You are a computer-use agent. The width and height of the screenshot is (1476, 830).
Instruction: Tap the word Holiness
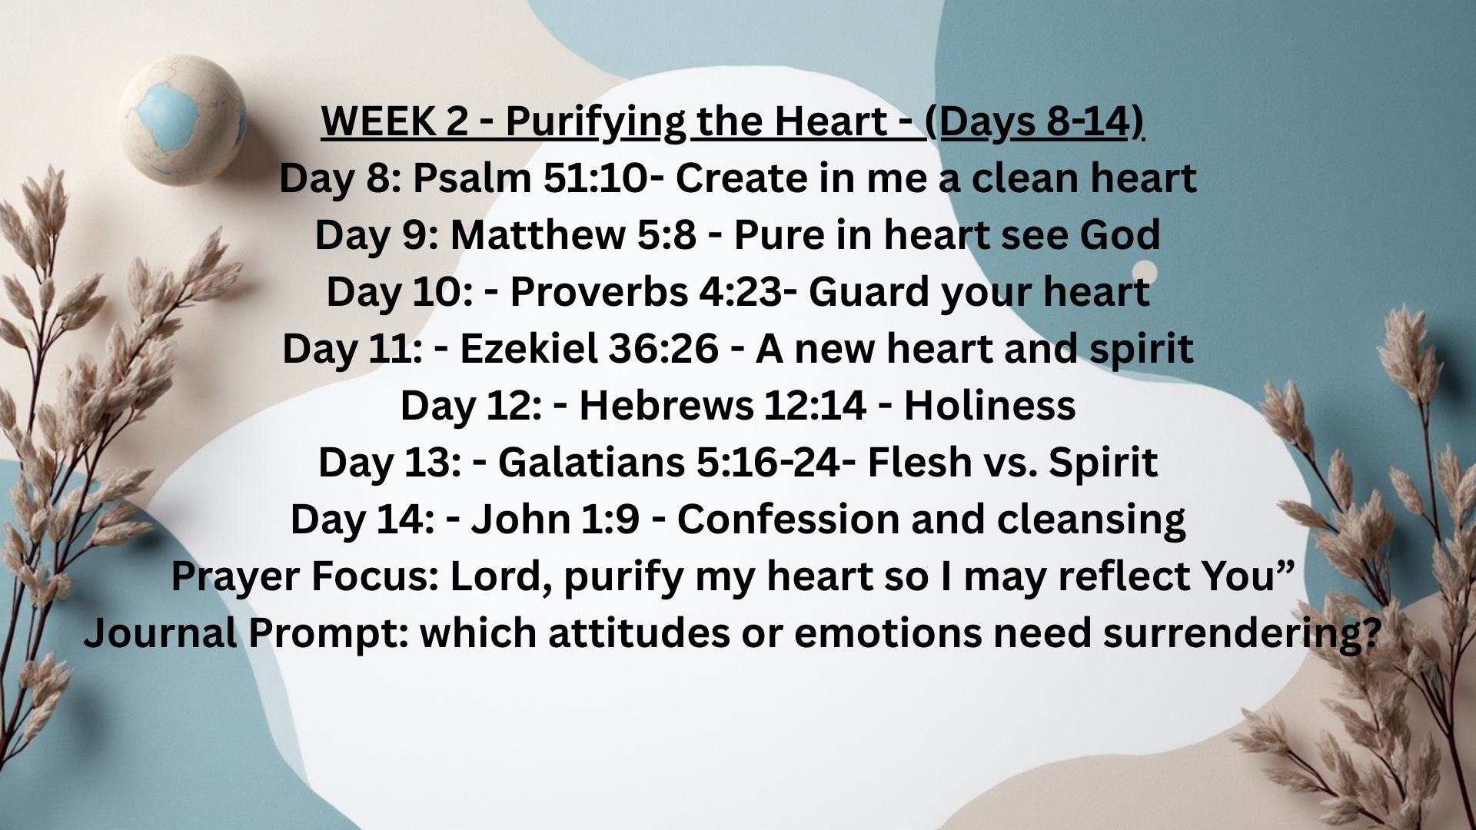989,406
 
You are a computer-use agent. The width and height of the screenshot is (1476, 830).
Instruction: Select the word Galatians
592,463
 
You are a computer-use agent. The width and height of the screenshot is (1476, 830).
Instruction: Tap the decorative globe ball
182,120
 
